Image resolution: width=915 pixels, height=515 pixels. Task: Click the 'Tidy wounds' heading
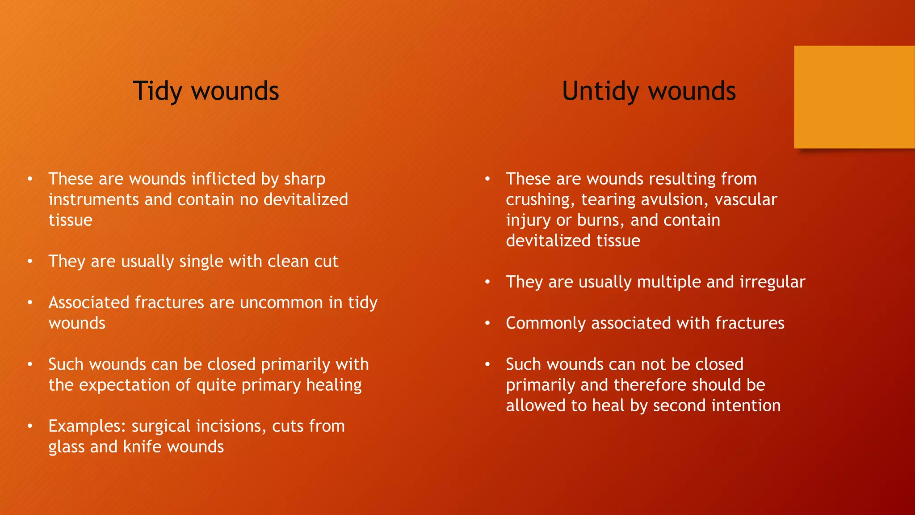[206, 91]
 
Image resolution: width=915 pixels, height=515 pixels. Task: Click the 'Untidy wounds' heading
[649, 91]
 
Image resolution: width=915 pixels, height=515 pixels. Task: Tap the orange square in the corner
[854, 97]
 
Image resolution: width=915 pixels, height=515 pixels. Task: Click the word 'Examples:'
[87, 426]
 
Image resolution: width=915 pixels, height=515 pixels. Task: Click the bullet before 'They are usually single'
[30, 262]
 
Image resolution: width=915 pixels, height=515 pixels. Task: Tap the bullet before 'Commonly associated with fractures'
[487, 323]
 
